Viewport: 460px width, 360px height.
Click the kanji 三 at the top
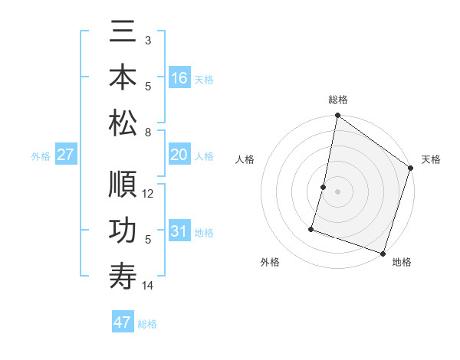123,35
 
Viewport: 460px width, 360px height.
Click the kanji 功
123,231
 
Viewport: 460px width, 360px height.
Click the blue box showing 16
179,78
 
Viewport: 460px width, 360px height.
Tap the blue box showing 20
179,155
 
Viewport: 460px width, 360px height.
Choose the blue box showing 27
66,155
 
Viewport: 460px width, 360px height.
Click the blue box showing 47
123,322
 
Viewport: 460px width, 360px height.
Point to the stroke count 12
149,193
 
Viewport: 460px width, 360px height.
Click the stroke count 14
149,286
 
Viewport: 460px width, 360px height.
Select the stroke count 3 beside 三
148,39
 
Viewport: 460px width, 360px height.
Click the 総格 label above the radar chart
338,100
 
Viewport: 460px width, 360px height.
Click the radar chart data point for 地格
383,253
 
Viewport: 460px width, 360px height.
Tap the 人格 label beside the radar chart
245,159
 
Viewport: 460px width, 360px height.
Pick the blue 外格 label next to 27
41,156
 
